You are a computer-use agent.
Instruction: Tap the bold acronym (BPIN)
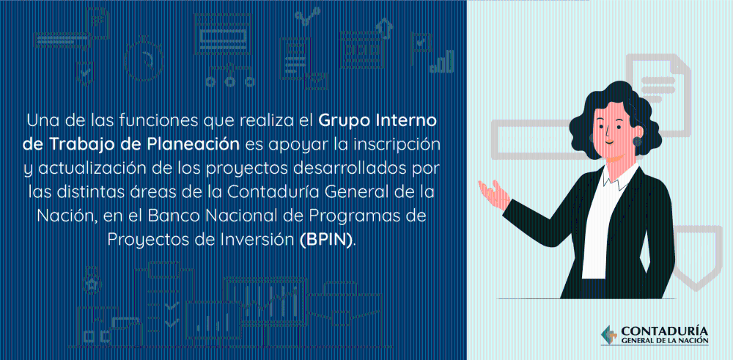326,240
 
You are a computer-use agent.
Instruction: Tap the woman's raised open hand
495,193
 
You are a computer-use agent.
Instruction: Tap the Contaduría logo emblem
609,335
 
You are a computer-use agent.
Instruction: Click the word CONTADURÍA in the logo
664,331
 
